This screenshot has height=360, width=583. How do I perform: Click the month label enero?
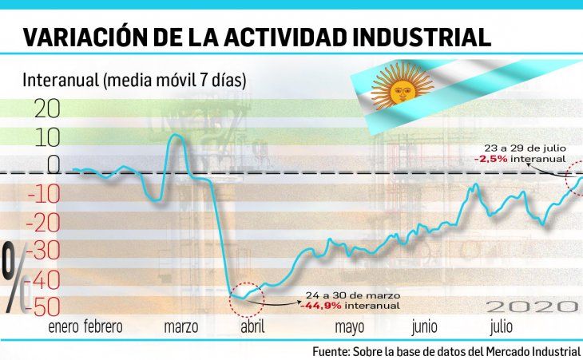click(64, 326)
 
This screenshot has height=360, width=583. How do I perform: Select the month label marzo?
click(180, 326)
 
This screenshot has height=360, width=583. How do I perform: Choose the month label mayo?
click(350, 326)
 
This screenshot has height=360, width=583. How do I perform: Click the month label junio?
click(424, 326)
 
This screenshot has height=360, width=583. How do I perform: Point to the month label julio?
click(501, 326)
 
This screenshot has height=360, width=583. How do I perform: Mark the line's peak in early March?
click(176, 135)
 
